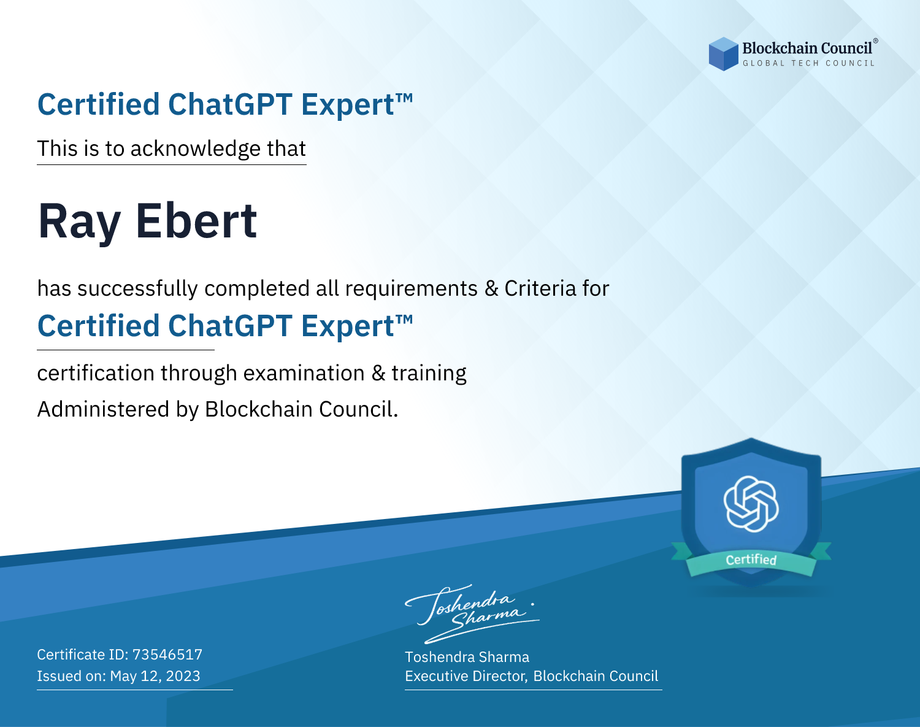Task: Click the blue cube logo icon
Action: coord(723,54)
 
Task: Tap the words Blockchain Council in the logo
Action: coord(807,48)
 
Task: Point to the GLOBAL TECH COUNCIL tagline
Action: coord(808,63)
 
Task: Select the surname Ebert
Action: coord(197,221)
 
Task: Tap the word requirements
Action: coord(412,289)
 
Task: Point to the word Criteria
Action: coord(540,288)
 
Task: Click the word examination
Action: coord(304,373)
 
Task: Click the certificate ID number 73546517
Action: coord(167,655)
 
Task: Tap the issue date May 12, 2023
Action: coord(155,676)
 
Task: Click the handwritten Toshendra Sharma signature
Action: coord(472,614)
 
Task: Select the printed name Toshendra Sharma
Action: coord(467,657)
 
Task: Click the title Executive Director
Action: coord(466,676)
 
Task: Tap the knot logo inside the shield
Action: coord(751,504)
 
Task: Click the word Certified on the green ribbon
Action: coord(751,560)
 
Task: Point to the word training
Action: coord(429,374)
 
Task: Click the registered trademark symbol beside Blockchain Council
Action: coord(875,40)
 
